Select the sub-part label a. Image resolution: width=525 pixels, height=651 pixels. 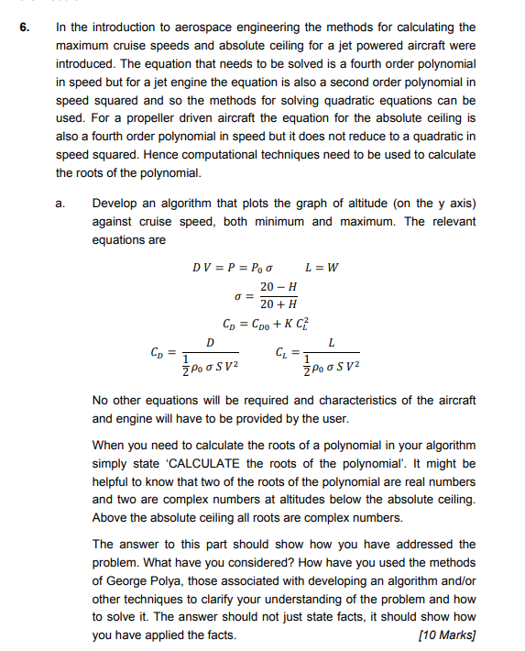(x=61, y=203)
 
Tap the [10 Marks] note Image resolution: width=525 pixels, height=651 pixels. (x=446, y=635)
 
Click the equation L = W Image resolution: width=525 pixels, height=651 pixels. (x=322, y=268)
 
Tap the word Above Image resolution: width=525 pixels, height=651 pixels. (x=109, y=518)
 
